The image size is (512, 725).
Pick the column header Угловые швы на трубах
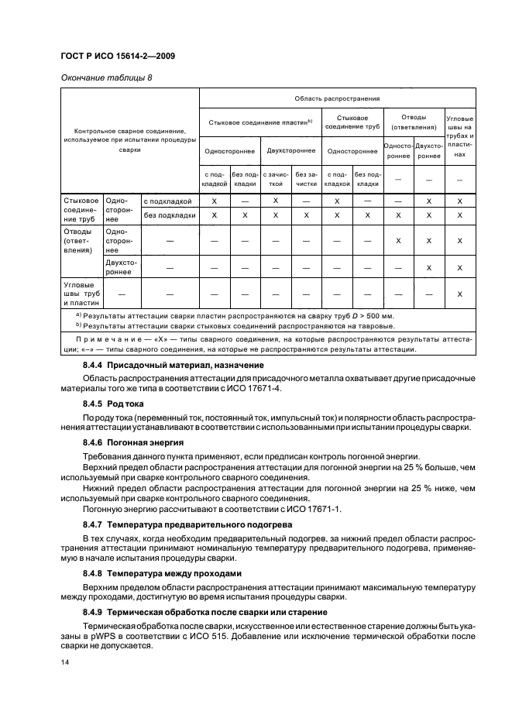pyautogui.click(x=460, y=137)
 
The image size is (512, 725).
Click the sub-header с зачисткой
pyautogui.click(x=275, y=179)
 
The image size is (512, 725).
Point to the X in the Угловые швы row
pyautogui.click(x=460, y=294)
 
